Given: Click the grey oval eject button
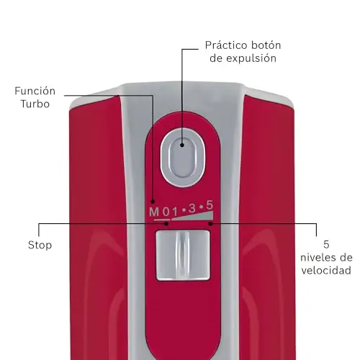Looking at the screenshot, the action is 183,158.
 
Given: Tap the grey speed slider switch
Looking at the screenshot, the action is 183,255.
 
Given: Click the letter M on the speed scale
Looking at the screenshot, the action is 154,212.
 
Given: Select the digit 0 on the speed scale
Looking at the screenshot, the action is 166,212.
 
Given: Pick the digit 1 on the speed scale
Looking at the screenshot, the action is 175,212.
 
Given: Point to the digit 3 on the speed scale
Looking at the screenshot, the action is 192,209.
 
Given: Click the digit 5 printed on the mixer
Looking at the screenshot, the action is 210,205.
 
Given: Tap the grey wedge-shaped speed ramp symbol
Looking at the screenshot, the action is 192,215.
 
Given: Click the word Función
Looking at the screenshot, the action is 35,91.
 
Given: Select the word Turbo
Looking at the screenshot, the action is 35,104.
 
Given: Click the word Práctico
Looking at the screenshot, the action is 226,45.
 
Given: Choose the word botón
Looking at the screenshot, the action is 266,45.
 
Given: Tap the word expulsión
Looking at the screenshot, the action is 251,58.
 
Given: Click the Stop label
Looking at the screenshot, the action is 40,245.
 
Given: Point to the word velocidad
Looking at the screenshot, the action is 326,271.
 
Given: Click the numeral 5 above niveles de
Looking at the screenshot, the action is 326,245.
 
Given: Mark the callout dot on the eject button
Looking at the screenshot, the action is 182,145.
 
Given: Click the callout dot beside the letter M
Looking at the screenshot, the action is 153,202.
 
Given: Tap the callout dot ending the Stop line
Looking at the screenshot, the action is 166,224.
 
